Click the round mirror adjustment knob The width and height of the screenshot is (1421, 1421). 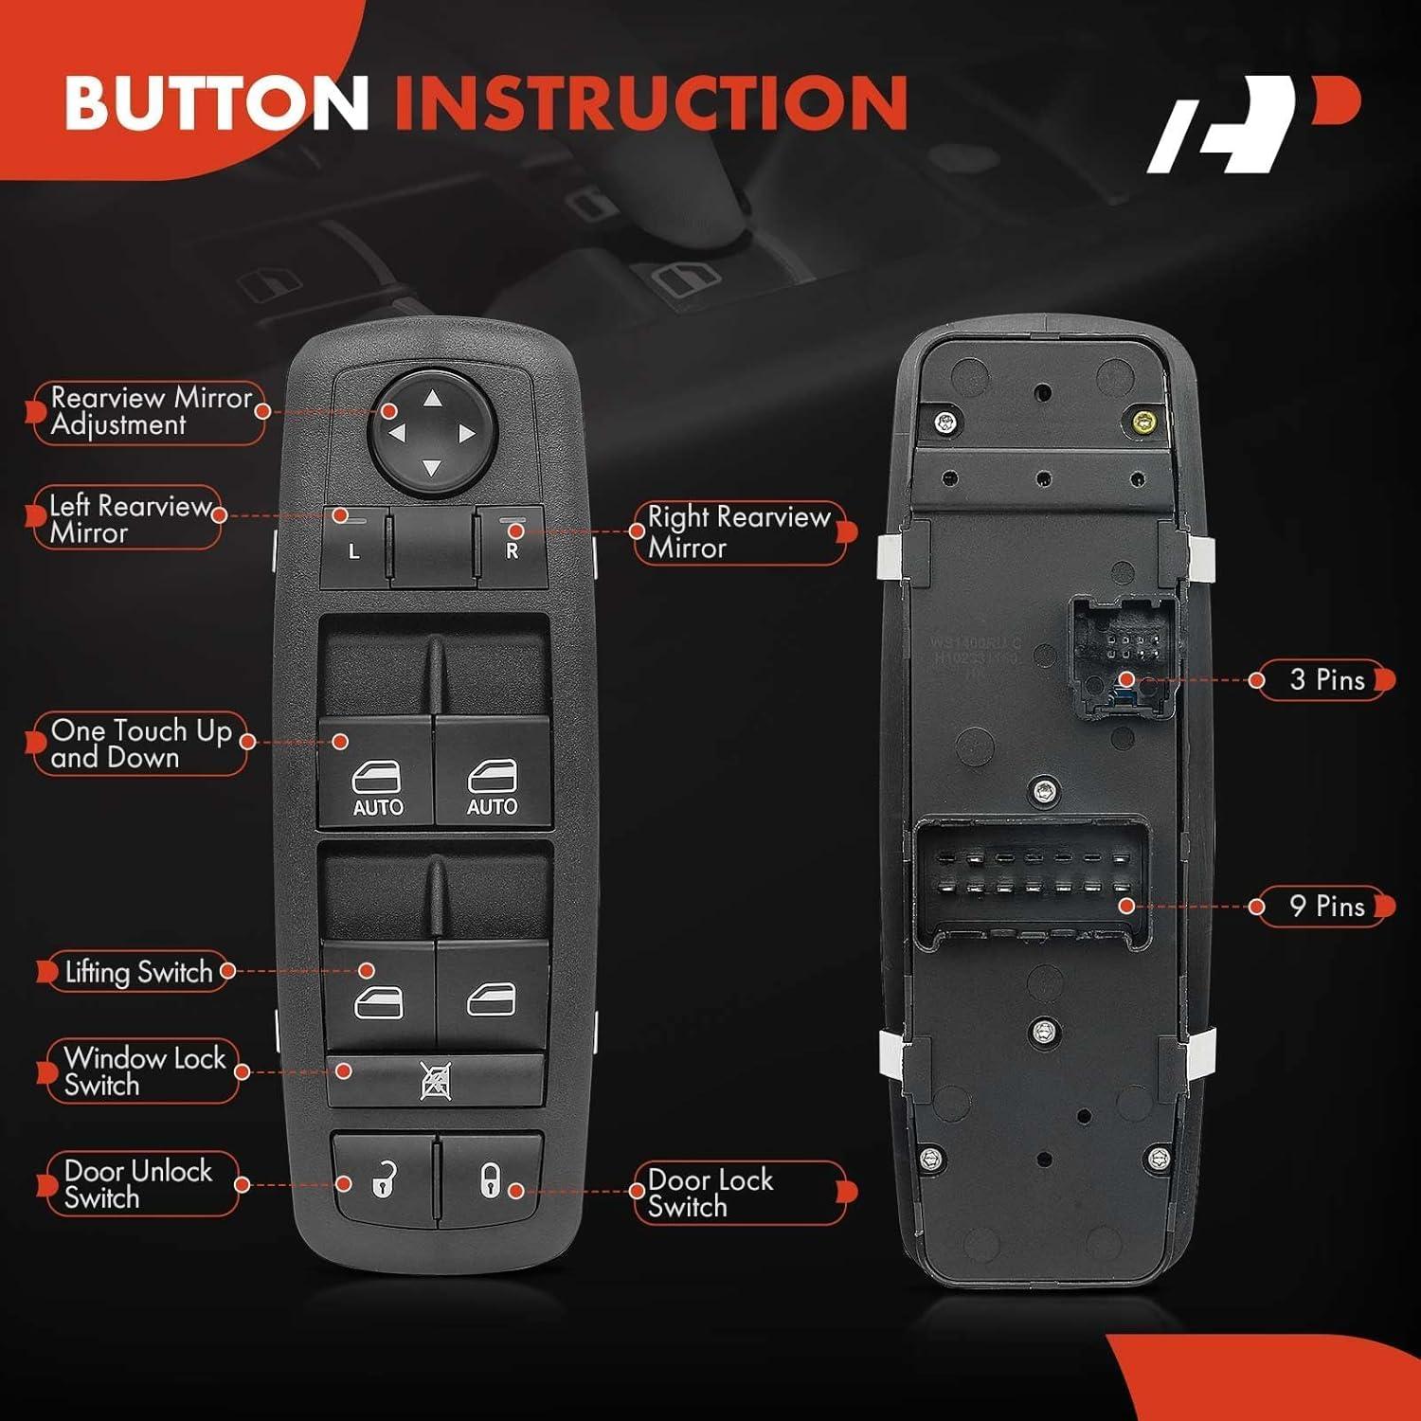click(x=432, y=434)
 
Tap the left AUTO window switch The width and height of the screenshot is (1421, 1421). click(x=377, y=772)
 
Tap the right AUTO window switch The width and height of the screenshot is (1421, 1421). click(x=493, y=772)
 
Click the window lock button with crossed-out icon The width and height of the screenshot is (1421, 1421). click(x=436, y=1080)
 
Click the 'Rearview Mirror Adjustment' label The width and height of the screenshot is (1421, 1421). click(x=150, y=411)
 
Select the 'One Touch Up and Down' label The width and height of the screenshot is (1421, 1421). click(x=140, y=744)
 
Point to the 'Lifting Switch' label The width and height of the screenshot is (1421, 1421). click(x=138, y=972)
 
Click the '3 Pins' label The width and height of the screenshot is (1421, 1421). click(x=1326, y=680)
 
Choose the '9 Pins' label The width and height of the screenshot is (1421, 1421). click(x=1326, y=907)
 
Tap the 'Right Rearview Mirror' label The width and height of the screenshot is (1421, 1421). click(x=739, y=532)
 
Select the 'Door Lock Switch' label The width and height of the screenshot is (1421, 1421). click(x=710, y=1193)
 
